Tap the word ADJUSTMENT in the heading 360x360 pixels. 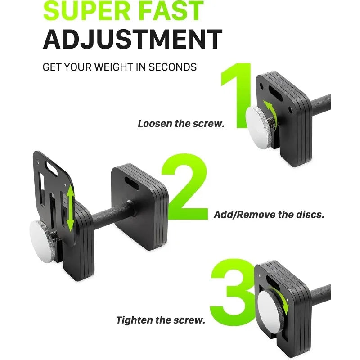tap(132, 40)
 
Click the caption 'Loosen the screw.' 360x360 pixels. tap(181, 124)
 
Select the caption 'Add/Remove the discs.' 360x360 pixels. tap(269, 215)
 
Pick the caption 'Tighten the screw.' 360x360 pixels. tap(161, 320)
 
